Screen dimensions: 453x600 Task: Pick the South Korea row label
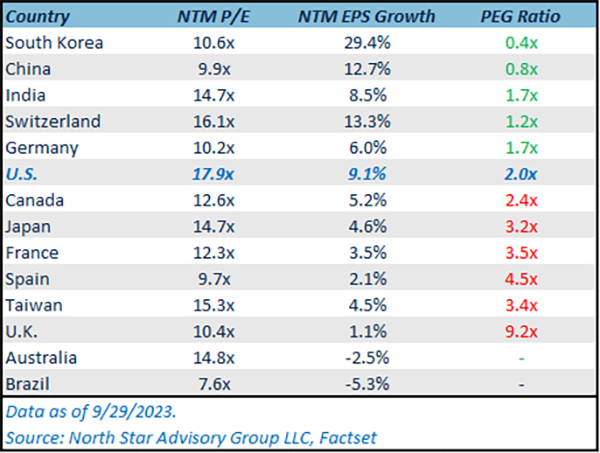(x=54, y=42)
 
